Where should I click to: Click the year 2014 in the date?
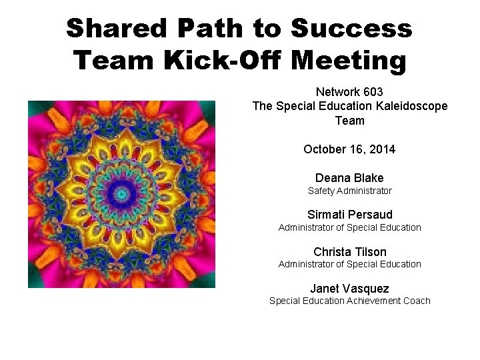tap(381, 149)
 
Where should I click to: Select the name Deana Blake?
tap(349, 178)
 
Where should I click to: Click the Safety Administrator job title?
tap(349, 191)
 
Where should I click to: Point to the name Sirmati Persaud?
tap(349, 215)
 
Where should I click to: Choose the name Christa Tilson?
tap(349, 252)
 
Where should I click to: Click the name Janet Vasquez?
tap(349, 289)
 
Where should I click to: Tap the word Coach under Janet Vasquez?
tap(417, 301)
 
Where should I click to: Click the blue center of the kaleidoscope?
tap(121, 194)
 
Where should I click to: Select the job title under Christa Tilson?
tap(349, 264)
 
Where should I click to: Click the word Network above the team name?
tap(337, 92)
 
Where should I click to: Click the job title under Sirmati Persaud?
tap(349, 227)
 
